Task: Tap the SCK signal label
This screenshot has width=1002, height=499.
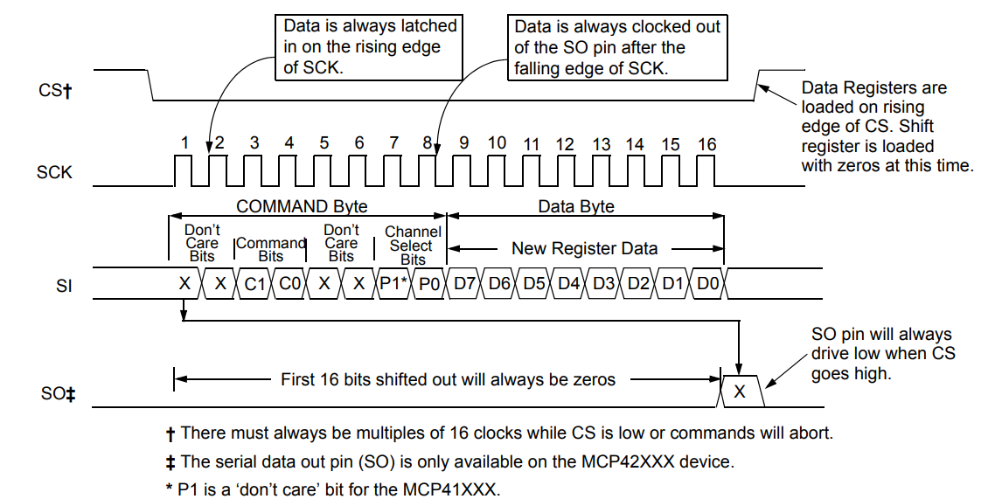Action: tap(54, 172)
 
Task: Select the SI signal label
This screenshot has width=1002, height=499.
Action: tap(64, 286)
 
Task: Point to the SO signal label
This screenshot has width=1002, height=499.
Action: tap(57, 394)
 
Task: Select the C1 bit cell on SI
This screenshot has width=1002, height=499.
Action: tap(254, 283)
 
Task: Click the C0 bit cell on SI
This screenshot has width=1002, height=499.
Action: tap(289, 283)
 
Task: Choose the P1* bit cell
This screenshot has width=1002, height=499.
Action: tap(393, 283)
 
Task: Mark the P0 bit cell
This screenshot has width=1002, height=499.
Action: tap(428, 283)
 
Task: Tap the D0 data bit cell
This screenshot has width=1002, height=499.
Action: tap(706, 283)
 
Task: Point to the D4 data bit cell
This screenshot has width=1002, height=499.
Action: tap(567, 283)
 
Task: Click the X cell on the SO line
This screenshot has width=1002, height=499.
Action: tap(740, 391)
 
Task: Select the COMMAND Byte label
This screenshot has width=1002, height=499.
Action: tap(302, 206)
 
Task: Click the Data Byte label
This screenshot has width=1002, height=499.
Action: tap(576, 206)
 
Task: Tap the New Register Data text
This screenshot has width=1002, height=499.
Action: tap(584, 248)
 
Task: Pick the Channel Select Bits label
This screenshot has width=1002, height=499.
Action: tap(413, 246)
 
